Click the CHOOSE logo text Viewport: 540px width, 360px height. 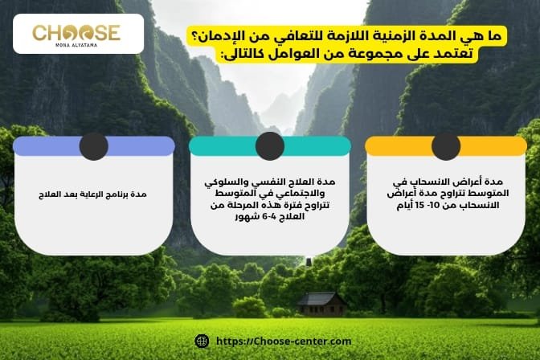(x=76, y=32)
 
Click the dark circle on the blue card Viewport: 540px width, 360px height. (x=93, y=145)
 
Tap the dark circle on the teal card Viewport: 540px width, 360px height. (x=270, y=145)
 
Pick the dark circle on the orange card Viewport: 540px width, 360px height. (x=446, y=145)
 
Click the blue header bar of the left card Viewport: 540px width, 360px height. (x=48, y=146)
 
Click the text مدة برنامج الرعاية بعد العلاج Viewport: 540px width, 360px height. (x=93, y=195)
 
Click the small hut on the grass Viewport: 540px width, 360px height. (x=321, y=303)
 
